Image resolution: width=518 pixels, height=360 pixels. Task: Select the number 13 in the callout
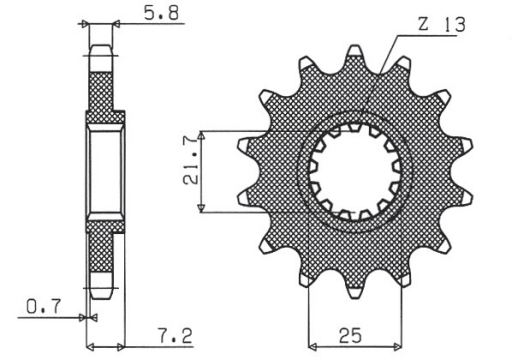(x=455, y=23)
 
